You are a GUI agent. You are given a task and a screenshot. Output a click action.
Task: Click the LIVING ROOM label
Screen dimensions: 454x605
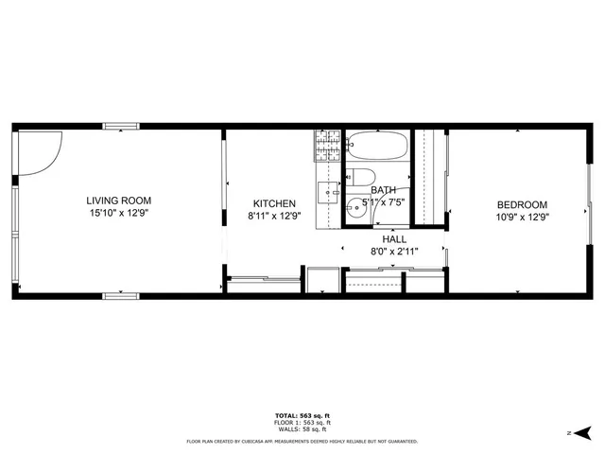pyautogui.click(x=118, y=201)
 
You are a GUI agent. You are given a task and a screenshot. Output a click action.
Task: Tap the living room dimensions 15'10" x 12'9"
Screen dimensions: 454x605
pyautogui.click(x=118, y=214)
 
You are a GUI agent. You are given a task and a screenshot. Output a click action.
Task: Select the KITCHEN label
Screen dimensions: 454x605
pyautogui.click(x=274, y=203)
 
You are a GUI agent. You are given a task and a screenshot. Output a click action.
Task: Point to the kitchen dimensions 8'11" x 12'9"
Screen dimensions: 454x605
pyautogui.click(x=274, y=217)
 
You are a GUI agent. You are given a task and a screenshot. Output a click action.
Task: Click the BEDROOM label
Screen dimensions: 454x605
pyautogui.click(x=523, y=204)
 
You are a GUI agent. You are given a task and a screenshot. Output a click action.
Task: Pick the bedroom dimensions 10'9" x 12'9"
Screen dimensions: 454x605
pyautogui.click(x=523, y=217)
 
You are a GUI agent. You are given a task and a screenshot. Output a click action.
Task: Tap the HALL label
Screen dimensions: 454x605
pyautogui.click(x=394, y=239)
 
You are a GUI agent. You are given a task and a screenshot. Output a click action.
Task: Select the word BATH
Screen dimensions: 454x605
pyautogui.click(x=383, y=190)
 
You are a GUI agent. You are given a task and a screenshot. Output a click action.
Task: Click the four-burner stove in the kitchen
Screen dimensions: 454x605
pyautogui.click(x=327, y=147)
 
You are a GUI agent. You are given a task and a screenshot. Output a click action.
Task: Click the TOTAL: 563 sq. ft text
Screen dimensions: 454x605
pyautogui.click(x=302, y=416)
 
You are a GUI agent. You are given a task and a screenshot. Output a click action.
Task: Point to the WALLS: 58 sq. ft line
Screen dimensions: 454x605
pyautogui.click(x=302, y=428)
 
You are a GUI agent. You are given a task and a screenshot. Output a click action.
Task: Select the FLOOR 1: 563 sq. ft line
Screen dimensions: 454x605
pyautogui.click(x=302, y=423)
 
